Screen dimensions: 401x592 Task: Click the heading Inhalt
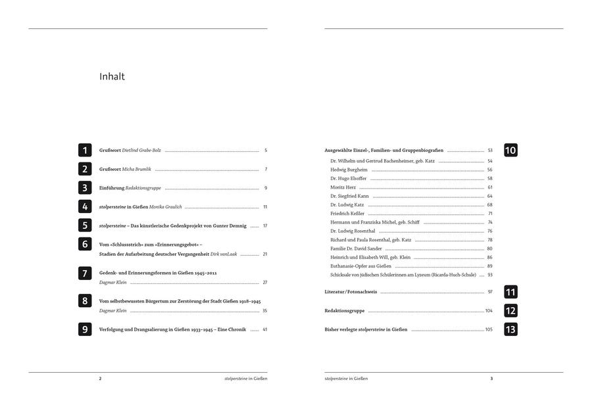tap(112, 77)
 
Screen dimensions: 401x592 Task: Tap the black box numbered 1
tap(85, 151)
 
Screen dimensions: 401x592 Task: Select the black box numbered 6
tap(85, 244)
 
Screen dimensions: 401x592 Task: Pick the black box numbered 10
tap(510, 151)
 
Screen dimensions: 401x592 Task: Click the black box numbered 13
tap(510, 329)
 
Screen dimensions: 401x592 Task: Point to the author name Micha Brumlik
tap(137, 169)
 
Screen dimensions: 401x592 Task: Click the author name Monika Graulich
tap(165, 207)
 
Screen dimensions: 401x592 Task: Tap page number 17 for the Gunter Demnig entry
tap(264, 225)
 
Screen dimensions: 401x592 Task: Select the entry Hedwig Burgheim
tap(349, 170)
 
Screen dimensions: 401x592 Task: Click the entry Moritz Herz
tap(342, 187)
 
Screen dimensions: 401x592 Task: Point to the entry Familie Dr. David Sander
tap(356, 248)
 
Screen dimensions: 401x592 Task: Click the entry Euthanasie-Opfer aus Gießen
tap(361, 266)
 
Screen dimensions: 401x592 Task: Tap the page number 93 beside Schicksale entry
tap(489, 275)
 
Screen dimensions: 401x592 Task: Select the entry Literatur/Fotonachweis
tap(351, 292)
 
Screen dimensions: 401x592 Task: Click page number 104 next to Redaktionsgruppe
tap(489, 310)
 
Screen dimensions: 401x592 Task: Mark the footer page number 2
tap(100, 379)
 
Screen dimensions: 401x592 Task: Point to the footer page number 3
tap(491, 379)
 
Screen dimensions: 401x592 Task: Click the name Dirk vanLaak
tap(224, 254)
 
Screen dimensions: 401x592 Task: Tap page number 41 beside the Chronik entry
tap(264, 329)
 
